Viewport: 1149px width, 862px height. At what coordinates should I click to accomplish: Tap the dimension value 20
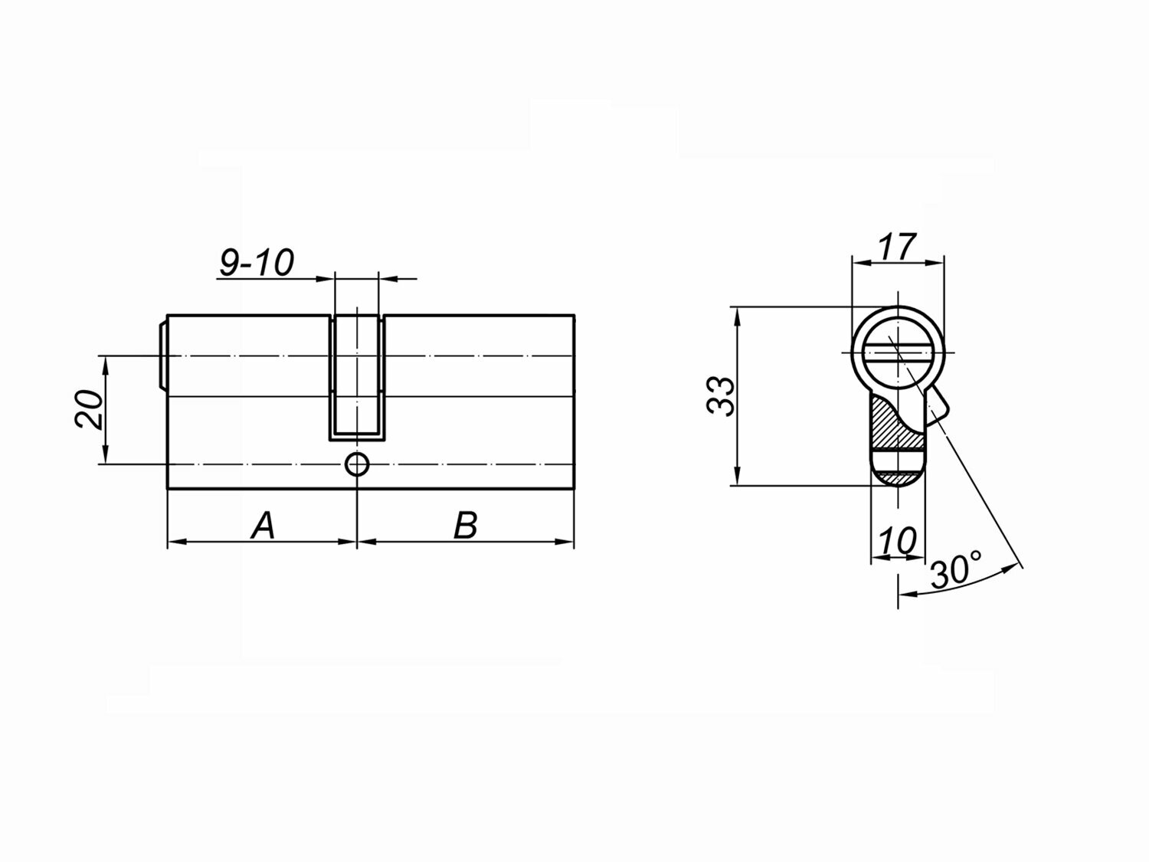click(89, 409)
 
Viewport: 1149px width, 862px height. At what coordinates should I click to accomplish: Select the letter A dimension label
click(263, 526)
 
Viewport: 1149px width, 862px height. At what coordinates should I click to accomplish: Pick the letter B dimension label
click(466, 526)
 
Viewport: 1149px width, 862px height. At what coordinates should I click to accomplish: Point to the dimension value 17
click(897, 247)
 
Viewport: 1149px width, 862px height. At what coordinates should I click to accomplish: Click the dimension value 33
click(721, 396)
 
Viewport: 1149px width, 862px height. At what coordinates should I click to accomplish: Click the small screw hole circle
click(357, 464)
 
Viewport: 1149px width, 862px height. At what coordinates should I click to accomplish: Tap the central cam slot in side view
click(357, 378)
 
